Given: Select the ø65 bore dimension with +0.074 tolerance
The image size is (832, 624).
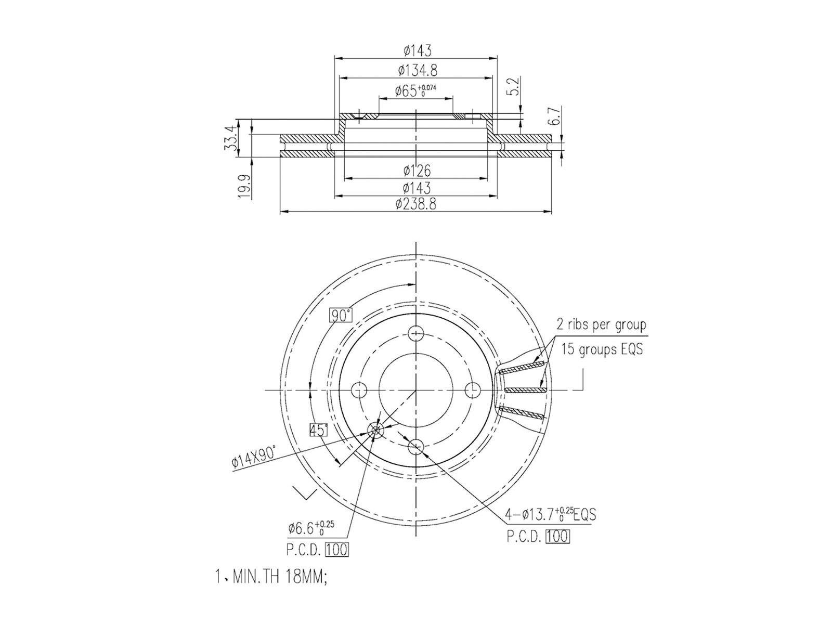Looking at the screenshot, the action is (x=415, y=90).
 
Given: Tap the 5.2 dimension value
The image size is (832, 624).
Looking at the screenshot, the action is (x=513, y=86).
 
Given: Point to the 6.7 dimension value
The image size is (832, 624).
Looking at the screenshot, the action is (x=554, y=115).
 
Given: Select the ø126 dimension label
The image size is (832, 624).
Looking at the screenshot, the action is (x=417, y=171).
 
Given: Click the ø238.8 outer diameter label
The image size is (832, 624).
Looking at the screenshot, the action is (x=416, y=204).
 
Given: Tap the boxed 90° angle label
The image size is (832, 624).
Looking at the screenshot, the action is (x=341, y=315).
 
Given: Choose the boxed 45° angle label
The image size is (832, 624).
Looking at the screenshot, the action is (x=318, y=430).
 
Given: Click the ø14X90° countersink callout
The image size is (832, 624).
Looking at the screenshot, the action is (x=254, y=456).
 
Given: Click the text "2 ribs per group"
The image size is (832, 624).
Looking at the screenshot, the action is (x=601, y=325).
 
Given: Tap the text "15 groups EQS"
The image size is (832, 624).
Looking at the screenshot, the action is (x=602, y=349).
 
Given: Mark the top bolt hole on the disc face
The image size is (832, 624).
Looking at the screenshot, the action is (x=416, y=333).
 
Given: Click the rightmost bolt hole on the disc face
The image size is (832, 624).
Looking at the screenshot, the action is (x=472, y=389).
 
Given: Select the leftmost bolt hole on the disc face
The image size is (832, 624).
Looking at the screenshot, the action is (x=359, y=389).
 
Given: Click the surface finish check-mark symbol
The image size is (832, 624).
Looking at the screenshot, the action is (x=305, y=492).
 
